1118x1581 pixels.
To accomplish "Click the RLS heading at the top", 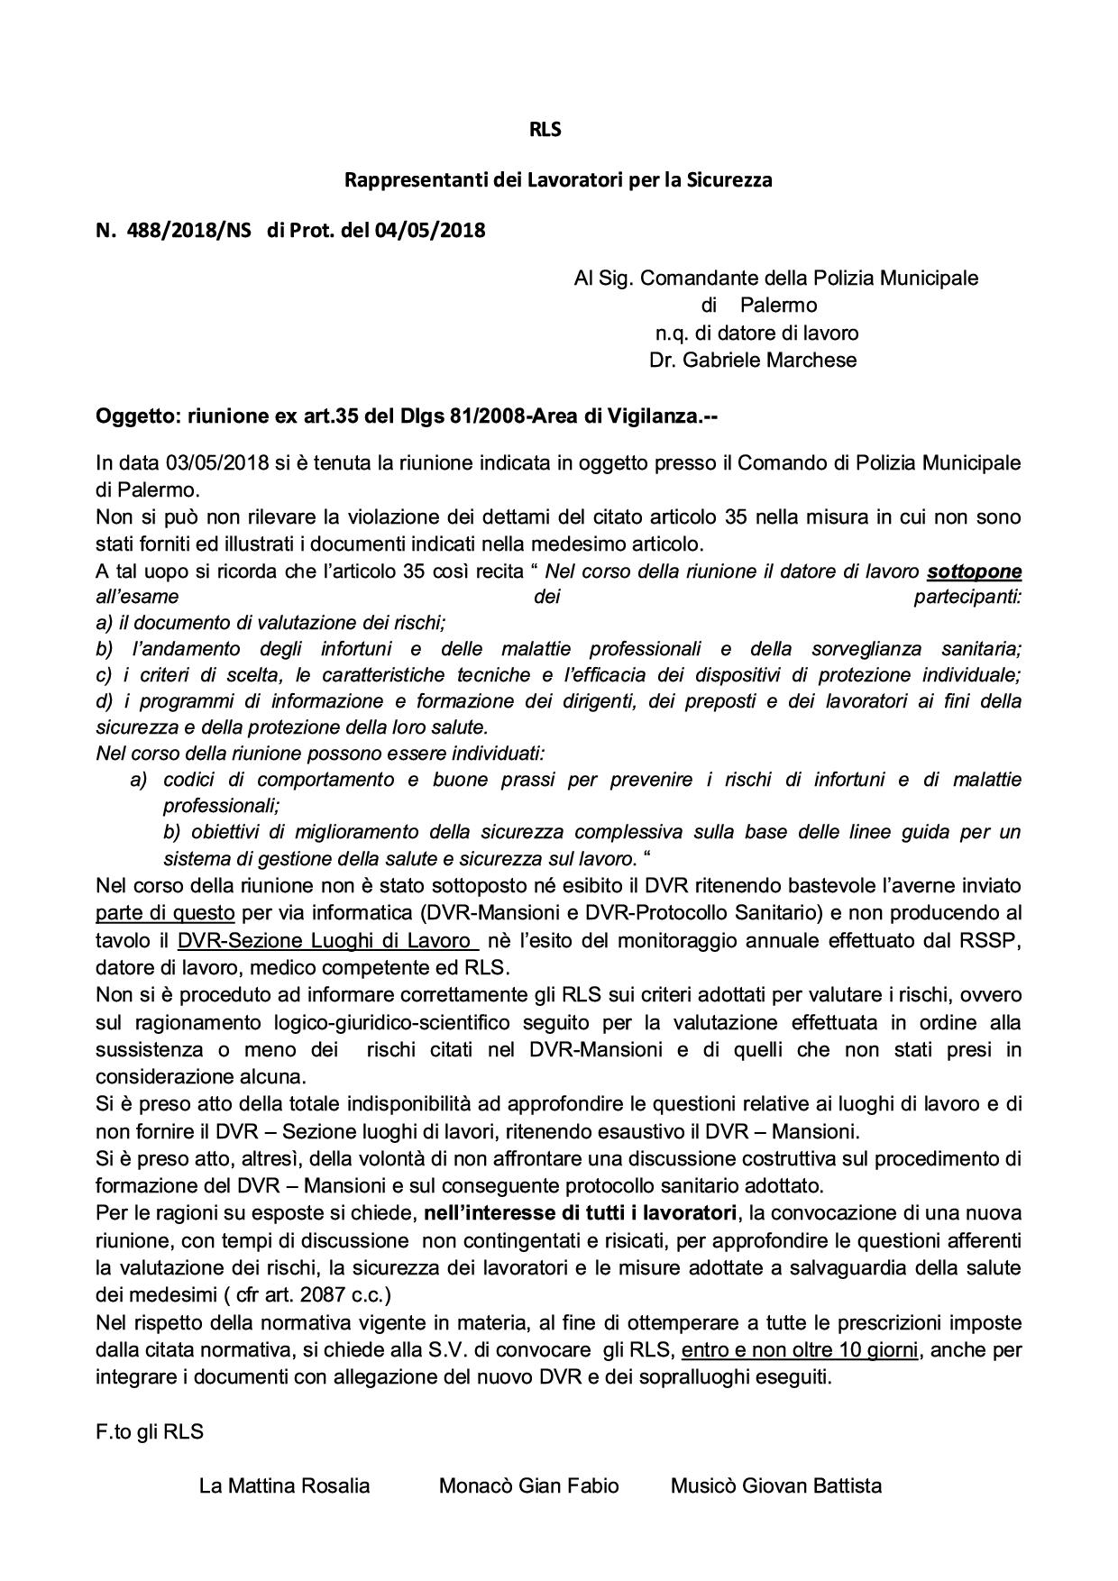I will [545, 130].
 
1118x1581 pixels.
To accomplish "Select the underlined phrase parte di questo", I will [165, 913].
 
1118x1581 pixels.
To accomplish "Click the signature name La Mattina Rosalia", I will [284, 1486].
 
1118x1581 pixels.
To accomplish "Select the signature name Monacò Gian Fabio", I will [528, 1486].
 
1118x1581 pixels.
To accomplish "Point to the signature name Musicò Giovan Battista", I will [775, 1486].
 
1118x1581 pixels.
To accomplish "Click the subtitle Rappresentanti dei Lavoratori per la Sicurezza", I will [558, 180].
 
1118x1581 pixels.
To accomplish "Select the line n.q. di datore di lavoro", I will [756, 334].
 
